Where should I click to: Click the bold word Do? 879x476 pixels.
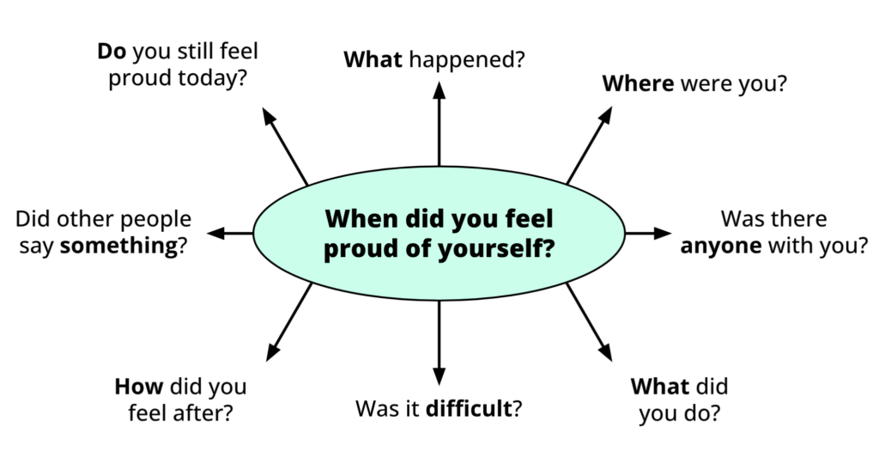coord(111,52)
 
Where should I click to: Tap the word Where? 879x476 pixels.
coord(638,84)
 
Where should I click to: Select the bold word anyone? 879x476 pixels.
coord(721,246)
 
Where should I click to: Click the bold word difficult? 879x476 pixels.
coord(469,409)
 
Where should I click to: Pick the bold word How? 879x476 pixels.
coord(138,386)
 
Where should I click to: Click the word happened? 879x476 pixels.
coord(467,60)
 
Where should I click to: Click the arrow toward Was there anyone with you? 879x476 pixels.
coord(648,233)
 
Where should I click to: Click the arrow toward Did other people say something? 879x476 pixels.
coord(230,233)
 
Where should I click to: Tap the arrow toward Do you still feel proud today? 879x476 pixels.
coord(285,146)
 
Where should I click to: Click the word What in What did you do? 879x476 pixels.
coord(660,386)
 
